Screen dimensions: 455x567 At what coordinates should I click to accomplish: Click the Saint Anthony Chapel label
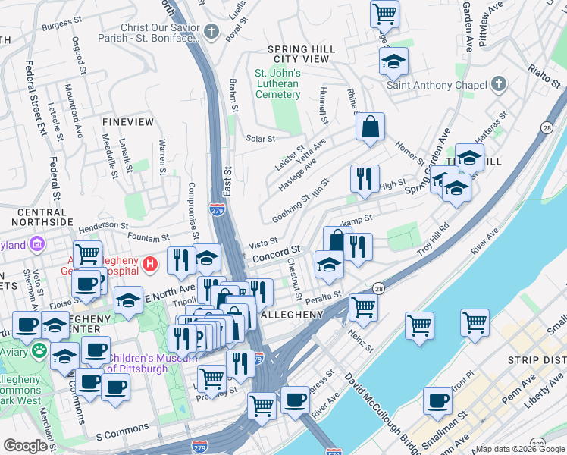436,84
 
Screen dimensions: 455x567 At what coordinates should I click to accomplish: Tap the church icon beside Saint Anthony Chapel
499,83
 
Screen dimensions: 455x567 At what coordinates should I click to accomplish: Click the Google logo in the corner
25,446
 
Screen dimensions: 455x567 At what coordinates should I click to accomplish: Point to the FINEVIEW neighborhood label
128,121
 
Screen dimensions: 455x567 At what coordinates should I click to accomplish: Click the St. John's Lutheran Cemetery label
277,83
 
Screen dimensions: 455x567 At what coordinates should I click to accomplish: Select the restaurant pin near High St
365,179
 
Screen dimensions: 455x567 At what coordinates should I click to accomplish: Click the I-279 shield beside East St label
216,206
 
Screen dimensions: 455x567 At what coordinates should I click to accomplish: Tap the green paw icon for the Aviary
39,352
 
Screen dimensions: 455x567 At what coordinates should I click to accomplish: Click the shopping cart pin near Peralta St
364,306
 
